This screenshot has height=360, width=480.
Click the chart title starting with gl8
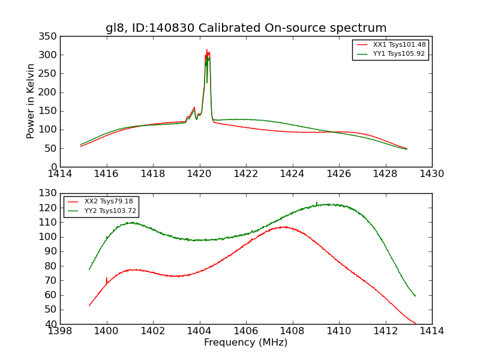(246, 28)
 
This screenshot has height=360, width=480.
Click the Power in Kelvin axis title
(31, 101)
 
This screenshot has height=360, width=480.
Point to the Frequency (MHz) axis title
(246, 343)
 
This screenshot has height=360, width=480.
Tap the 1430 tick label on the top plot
(432, 174)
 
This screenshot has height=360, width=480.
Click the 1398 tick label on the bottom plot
(61, 331)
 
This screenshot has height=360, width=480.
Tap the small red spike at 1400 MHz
(106, 279)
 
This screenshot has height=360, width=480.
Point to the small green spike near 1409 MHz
(317, 203)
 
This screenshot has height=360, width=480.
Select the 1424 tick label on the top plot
(293, 174)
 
